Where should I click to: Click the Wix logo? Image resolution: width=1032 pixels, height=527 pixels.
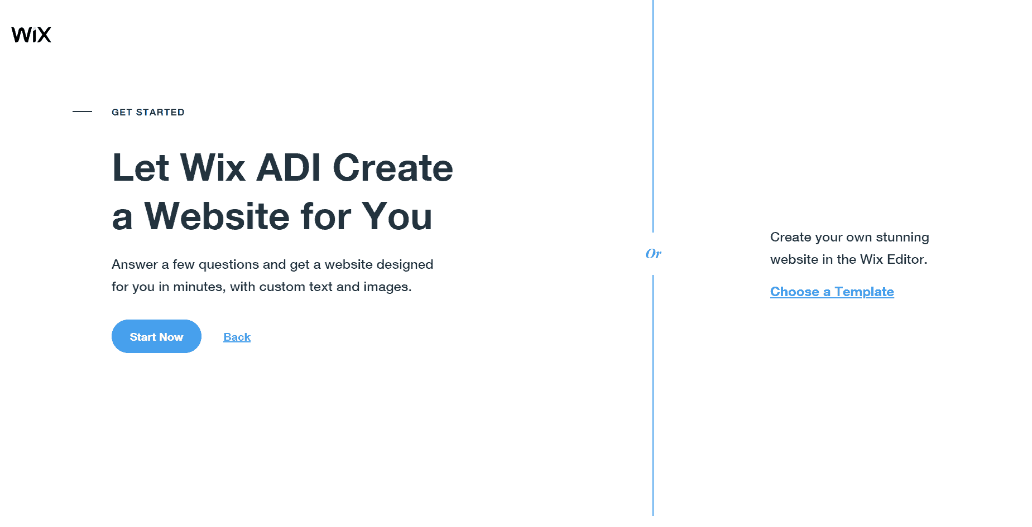click(31, 35)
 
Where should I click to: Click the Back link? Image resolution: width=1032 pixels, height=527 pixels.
click(237, 337)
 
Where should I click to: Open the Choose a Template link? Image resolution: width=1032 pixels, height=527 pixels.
click(832, 292)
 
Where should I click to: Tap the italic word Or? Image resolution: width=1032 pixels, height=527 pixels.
click(653, 254)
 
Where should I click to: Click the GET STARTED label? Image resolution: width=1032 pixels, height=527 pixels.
click(148, 112)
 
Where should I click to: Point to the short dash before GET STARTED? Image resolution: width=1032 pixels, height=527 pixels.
click(82, 112)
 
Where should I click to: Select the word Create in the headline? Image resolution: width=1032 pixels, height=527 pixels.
click(393, 167)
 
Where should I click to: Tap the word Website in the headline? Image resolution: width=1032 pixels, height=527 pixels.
click(217, 216)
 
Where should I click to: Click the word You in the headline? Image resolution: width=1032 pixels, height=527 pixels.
click(397, 216)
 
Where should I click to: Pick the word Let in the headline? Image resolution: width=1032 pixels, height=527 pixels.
click(141, 167)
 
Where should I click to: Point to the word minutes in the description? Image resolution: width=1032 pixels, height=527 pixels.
click(198, 287)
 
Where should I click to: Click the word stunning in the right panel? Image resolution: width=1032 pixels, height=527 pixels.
click(902, 238)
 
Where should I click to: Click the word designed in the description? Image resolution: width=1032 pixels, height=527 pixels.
click(406, 265)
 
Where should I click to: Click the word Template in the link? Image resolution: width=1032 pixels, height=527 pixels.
click(864, 292)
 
